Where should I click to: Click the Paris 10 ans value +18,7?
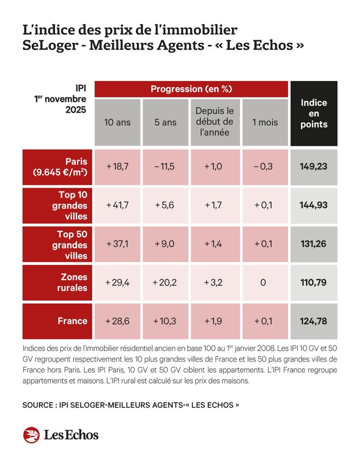pyautogui.click(x=117, y=166)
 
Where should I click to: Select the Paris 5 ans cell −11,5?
pyautogui.click(x=166, y=166)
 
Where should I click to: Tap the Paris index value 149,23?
pyautogui.click(x=313, y=166)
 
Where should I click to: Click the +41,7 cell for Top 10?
pyautogui.click(x=117, y=205)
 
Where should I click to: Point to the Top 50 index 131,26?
pyautogui.click(x=313, y=244)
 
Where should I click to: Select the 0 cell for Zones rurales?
pyautogui.click(x=263, y=283)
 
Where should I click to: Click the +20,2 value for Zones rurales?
pyautogui.click(x=166, y=283)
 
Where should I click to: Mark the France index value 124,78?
pyautogui.click(x=313, y=321)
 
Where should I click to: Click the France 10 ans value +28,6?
pyautogui.click(x=117, y=321)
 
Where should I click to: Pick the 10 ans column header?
pyautogui.click(x=117, y=122)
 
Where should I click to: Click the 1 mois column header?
pyautogui.click(x=265, y=122)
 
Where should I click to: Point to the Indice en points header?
pyautogui.click(x=314, y=113)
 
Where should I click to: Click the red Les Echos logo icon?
pyautogui.click(x=31, y=435)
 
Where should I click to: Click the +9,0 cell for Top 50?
pyautogui.click(x=166, y=244)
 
